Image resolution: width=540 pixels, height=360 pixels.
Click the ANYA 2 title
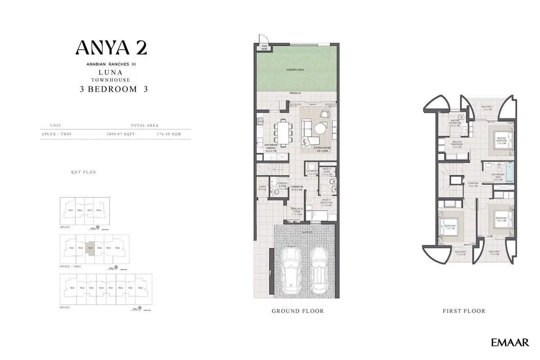(x=111, y=48)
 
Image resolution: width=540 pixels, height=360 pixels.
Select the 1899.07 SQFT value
(x=120, y=134)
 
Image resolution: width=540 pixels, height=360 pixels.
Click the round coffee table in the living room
(x=321, y=129)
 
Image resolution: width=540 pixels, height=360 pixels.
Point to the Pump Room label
(x=261, y=188)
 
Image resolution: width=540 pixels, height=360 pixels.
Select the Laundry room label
(x=312, y=171)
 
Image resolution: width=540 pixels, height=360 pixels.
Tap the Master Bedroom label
(x=501, y=139)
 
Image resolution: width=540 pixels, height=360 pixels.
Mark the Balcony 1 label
(x=488, y=108)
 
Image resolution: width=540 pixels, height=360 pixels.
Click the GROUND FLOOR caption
(x=297, y=311)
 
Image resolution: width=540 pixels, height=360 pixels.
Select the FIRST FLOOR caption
(x=464, y=311)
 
